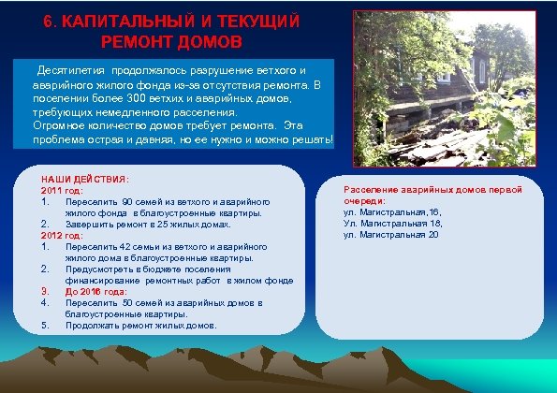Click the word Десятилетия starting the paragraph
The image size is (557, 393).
click(70, 71)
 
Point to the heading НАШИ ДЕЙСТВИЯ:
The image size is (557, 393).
click(85, 179)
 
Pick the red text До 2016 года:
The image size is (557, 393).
click(96, 291)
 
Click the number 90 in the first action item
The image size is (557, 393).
click(128, 201)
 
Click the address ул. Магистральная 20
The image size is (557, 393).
click(390, 234)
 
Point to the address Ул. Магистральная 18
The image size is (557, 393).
click(392, 223)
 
